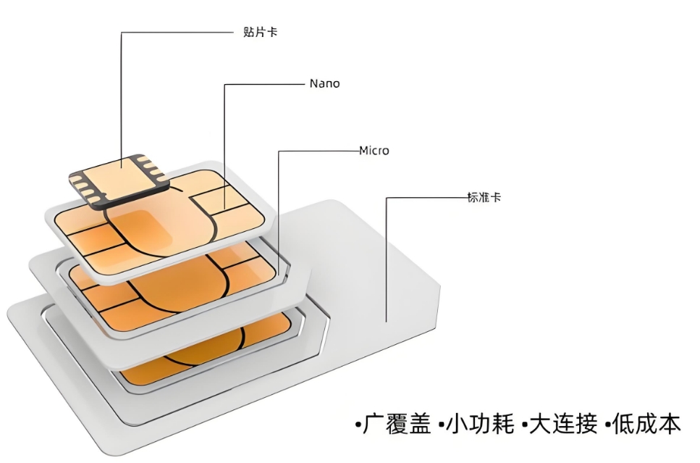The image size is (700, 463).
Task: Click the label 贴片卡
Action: pos(260,33)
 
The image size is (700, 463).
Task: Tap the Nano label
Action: pos(324,83)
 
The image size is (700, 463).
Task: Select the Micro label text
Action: pos(374,151)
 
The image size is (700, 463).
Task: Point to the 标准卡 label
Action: pos(484,197)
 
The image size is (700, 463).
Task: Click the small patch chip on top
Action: pos(119,178)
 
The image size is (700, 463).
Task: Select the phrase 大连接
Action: pos(561,424)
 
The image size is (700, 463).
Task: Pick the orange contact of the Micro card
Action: pos(181,290)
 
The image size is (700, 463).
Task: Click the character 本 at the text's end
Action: pos(670,424)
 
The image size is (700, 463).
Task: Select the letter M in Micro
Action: pos(364,151)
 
